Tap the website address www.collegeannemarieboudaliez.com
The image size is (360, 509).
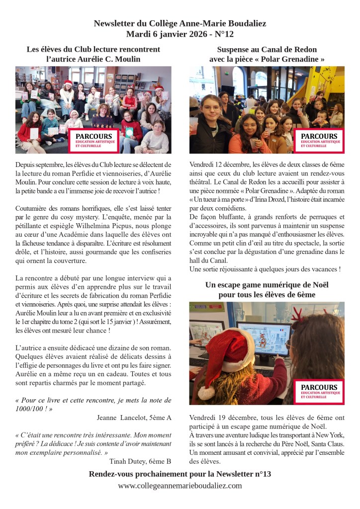180,486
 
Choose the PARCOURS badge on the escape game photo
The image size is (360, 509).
321,392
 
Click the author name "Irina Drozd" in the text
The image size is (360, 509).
270,199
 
